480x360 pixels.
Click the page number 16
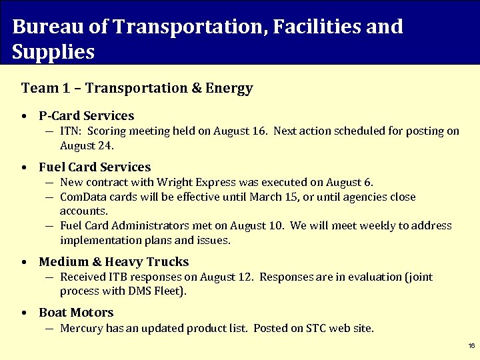point(471,346)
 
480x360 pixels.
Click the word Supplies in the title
point(53,52)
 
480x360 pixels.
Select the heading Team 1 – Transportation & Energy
point(137,88)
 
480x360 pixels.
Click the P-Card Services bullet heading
point(86,116)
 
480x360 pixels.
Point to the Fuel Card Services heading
point(95,167)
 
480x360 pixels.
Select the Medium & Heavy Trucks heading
point(113,262)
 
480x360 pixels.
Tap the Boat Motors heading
point(76,313)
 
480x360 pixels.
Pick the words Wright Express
point(190,182)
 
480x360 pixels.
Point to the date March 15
point(271,197)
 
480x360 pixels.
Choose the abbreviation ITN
point(70,131)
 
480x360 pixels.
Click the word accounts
point(83,211)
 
